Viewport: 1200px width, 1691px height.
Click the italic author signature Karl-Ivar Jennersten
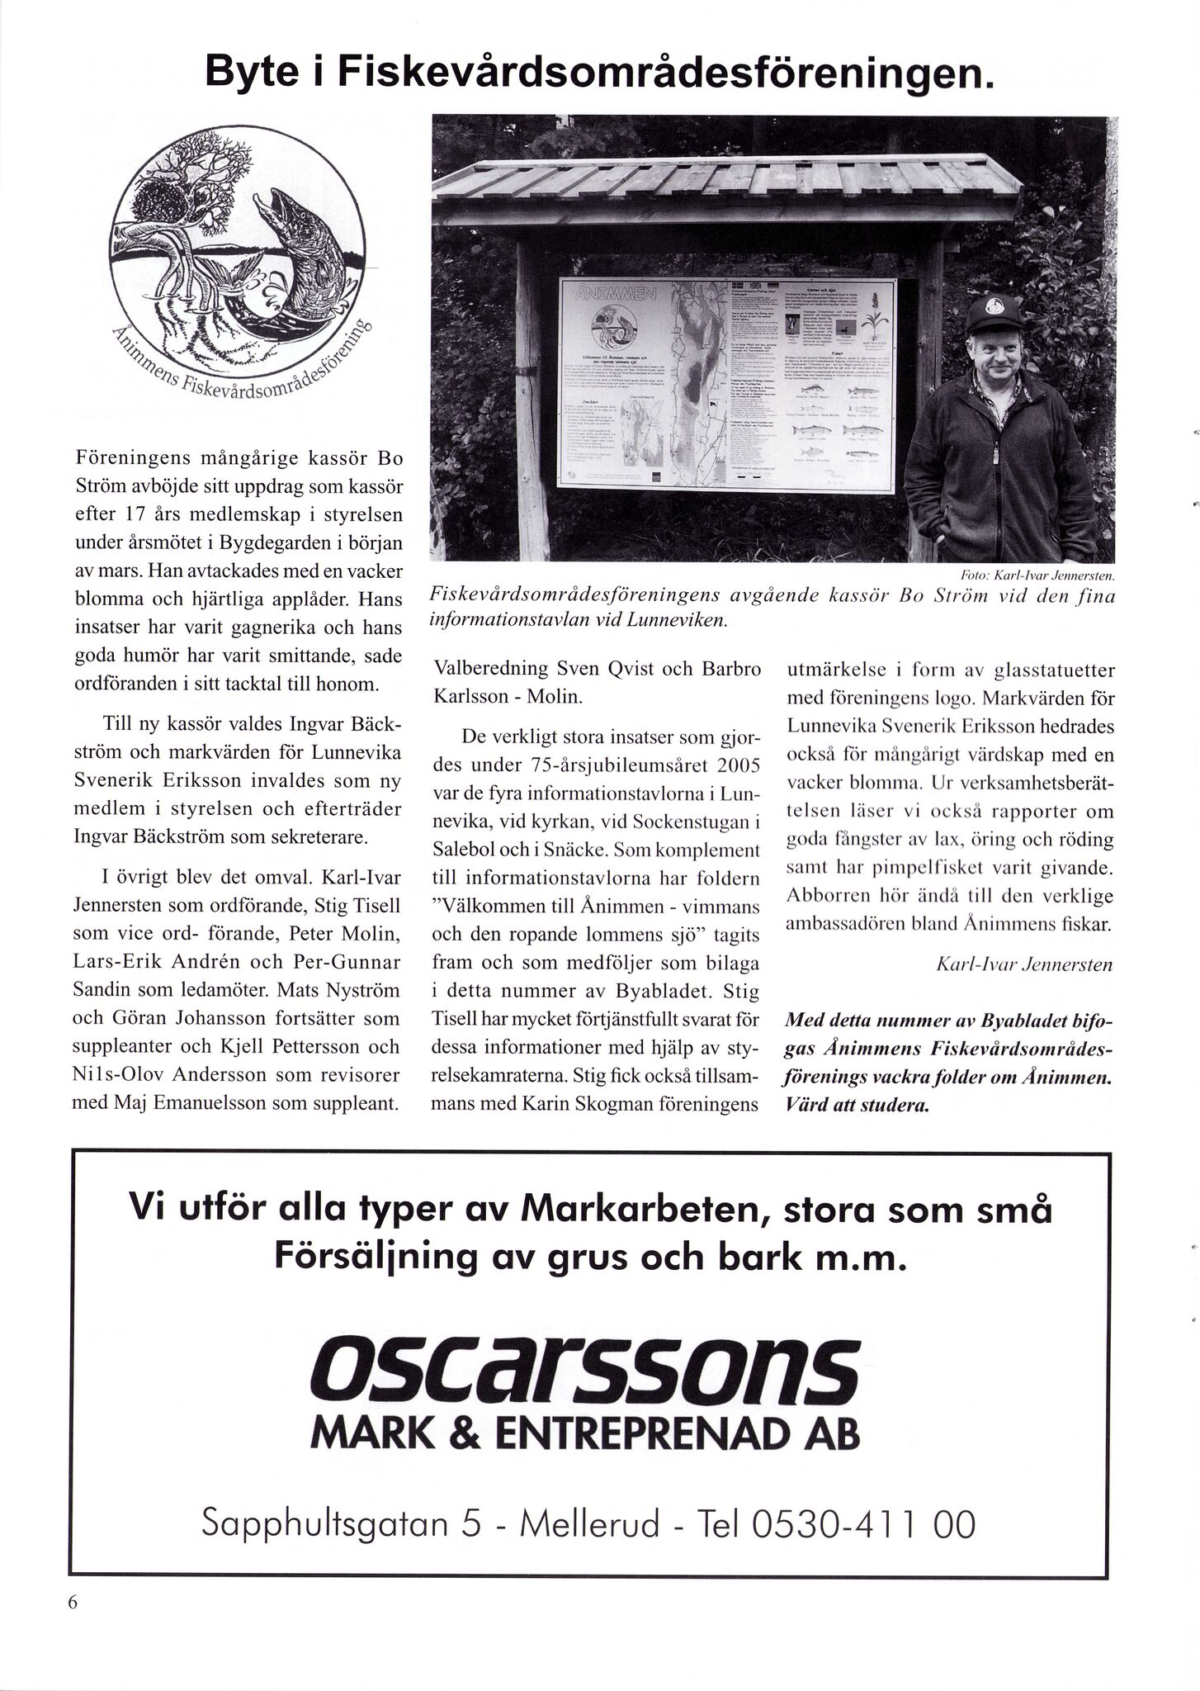1025,964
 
